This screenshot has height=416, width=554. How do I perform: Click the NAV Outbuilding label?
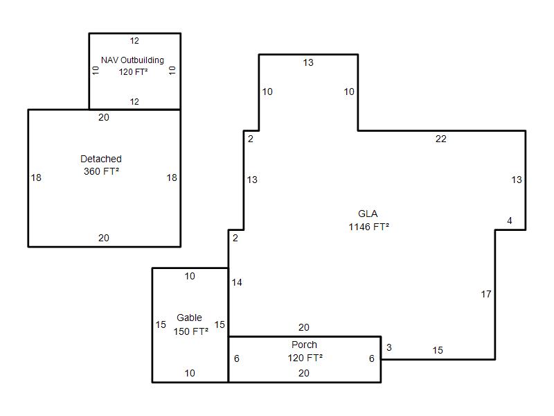pyautogui.click(x=132, y=60)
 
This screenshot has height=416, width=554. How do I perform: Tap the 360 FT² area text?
pyautogui.click(x=101, y=171)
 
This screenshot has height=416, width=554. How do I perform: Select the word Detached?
pyautogui.click(x=101, y=159)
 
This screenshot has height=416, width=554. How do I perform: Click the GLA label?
pyautogui.click(x=368, y=214)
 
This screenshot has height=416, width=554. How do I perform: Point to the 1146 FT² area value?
pyautogui.click(x=369, y=227)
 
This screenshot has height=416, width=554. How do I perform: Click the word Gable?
pyautogui.click(x=189, y=318)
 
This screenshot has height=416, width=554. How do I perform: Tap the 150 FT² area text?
pyautogui.click(x=191, y=331)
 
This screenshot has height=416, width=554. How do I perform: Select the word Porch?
pyautogui.click(x=304, y=345)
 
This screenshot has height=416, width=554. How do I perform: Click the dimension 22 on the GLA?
pyautogui.click(x=441, y=139)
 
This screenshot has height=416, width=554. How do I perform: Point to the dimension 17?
pyautogui.click(x=486, y=294)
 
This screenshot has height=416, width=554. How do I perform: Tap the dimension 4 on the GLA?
pyautogui.click(x=510, y=220)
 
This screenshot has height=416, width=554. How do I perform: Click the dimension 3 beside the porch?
pyautogui.click(x=389, y=347)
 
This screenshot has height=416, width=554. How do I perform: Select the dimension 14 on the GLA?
pyautogui.click(x=237, y=282)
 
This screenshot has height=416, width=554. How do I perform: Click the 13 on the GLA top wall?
pyautogui.click(x=308, y=62)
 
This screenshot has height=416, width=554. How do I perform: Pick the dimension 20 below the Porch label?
pyautogui.click(x=304, y=373)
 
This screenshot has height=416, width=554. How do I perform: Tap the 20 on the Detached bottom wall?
pyautogui.click(x=103, y=238)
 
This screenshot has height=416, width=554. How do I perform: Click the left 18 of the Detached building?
pyautogui.click(x=36, y=177)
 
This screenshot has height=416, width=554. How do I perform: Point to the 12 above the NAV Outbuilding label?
pyautogui.click(x=134, y=41)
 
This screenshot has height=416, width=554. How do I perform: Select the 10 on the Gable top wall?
pyautogui.click(x=190, y=276)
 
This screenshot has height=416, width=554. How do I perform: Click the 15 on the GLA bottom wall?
pyautogui.click(x=438, y=350)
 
